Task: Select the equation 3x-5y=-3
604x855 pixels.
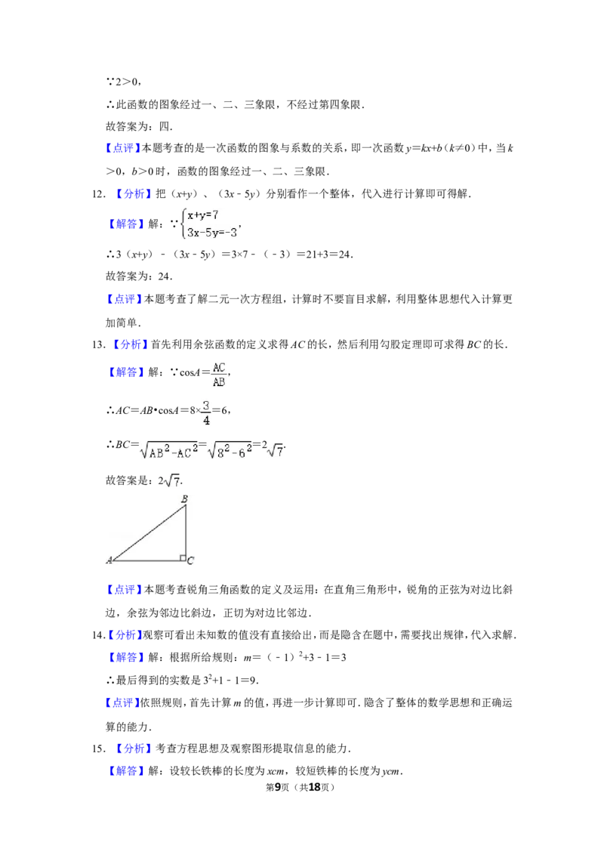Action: click(x=212, y=233)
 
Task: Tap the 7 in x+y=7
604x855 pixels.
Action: click(x=215, y=215)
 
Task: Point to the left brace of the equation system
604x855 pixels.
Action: click(x=182, y=224)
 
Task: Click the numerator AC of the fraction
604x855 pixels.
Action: click(x=218, y=367)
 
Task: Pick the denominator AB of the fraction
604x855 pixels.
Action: click(x=218, y=382)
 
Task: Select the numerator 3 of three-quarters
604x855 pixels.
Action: click(x=206, y=405)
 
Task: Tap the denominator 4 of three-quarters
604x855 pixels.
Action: click(x=206, y=420)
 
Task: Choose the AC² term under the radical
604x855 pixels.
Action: click(x=186, y=452)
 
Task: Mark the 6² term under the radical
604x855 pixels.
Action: click(x=242, y=452)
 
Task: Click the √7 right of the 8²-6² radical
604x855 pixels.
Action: click(x=276, y=452)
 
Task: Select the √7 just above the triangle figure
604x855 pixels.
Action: click(x=173, y=480)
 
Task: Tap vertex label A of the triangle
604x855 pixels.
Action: click(x=109, y=560)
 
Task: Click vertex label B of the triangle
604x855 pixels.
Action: click(x=184, y=499)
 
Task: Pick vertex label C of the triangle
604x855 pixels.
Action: click(x=190, y=560)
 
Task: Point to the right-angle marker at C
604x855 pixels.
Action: click(x=182, y=558)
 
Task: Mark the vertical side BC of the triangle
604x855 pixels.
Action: click(x=186, y=532)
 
